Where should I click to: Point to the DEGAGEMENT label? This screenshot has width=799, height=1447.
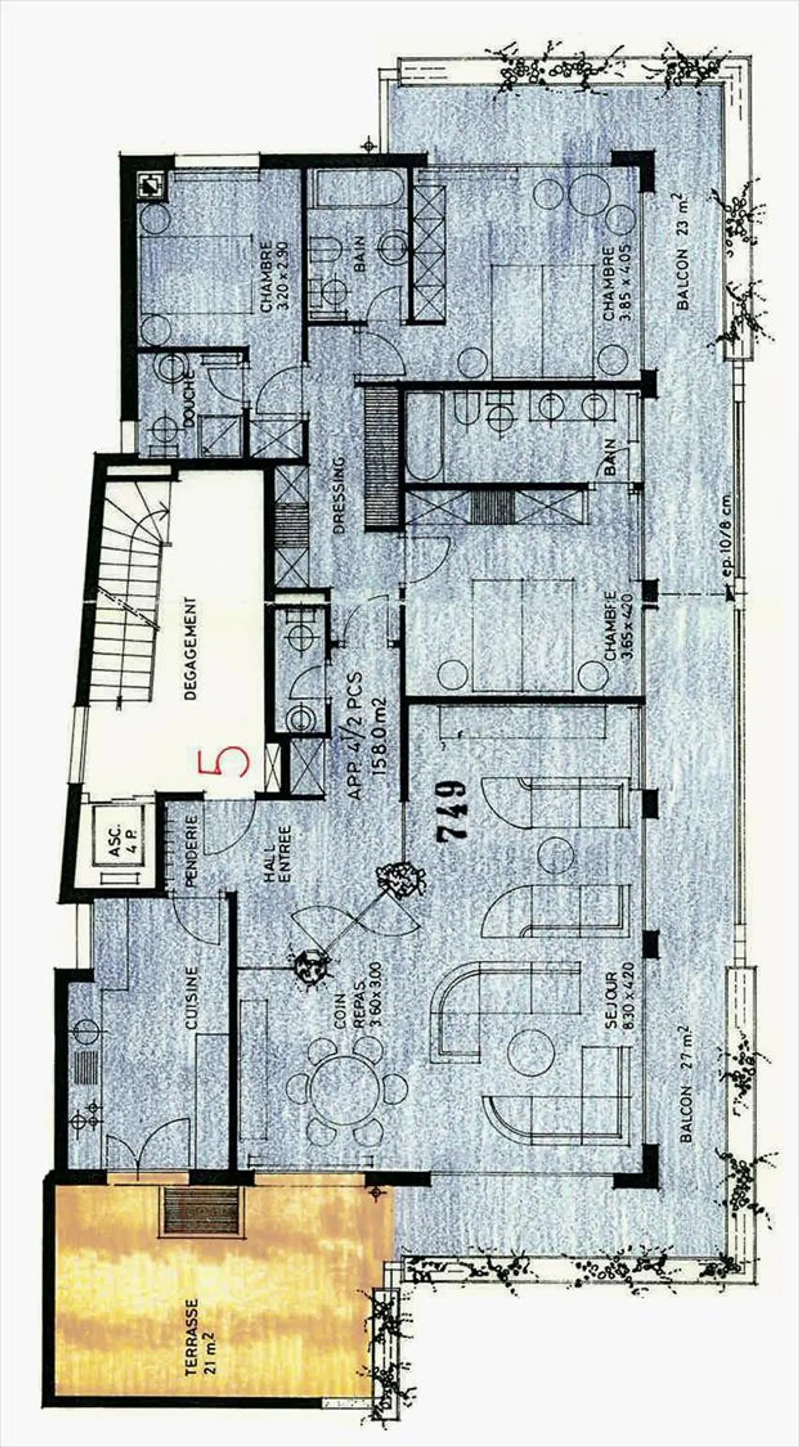[191, 649]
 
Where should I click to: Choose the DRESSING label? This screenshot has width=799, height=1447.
[338, 495]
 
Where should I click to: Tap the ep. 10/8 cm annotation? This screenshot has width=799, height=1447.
[729, 536]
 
